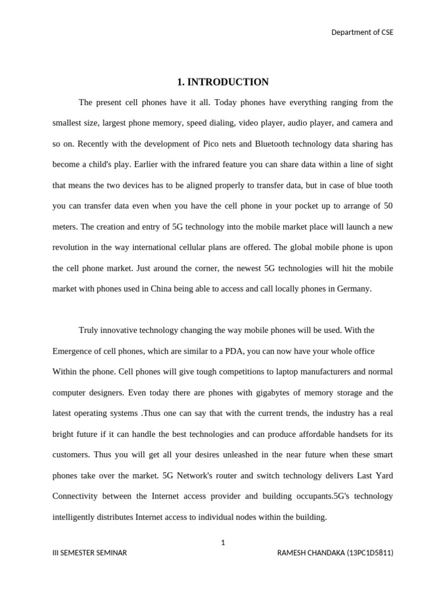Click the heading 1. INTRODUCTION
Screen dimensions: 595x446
223,82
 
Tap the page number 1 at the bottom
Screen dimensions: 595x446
223,543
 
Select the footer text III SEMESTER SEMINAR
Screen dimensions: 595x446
89,553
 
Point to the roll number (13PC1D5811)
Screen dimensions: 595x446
370,553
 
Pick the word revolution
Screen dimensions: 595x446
71,248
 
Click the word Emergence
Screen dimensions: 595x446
73,352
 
